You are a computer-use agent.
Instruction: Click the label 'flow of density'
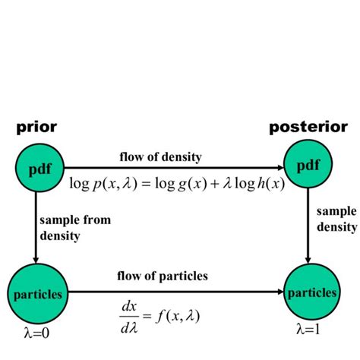tap(159, 157)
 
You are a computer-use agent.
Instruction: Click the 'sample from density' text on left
tap(79, 228)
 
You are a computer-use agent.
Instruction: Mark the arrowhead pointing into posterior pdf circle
tap(279, 167)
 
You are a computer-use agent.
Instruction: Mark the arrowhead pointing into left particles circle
tap(36, 259)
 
